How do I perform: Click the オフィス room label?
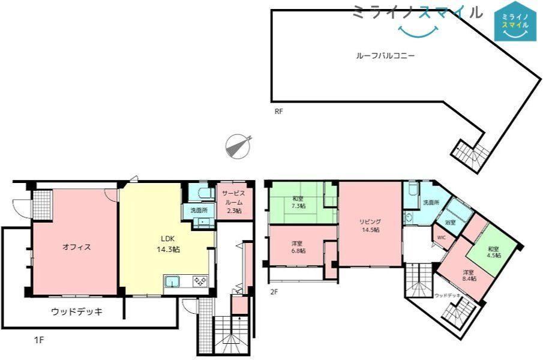point(77,247)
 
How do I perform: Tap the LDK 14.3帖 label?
point(169,244)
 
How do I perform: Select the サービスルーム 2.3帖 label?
point(233,202)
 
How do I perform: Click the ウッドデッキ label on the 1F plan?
point(77,311)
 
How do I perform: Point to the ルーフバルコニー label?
point(385,55)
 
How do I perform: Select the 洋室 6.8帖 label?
point(298,247)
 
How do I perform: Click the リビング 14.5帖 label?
point(370,226)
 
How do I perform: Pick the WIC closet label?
point(441,238)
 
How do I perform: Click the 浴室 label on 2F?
point(450,222)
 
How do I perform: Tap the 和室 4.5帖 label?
point(494,252)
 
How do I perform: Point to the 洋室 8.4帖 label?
point(470,275)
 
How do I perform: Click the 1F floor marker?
point(39,340)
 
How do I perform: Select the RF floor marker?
point(279,112)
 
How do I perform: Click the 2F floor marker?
point(274,292)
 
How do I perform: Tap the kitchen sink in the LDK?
point(172,282)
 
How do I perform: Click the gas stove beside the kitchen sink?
point(200,281)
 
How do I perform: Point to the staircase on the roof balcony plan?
point(471,154)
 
